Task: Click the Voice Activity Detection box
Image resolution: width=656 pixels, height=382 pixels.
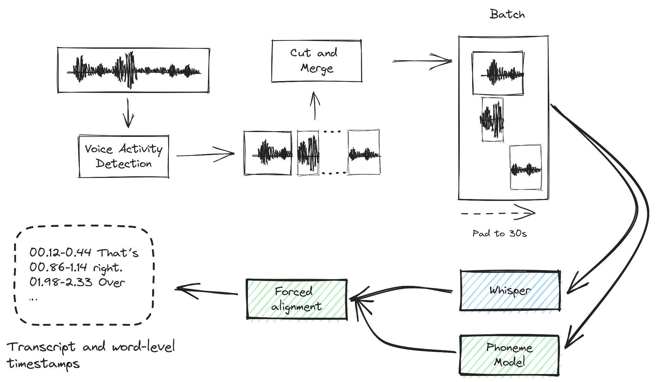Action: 124,156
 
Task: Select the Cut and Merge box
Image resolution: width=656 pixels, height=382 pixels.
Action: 316,61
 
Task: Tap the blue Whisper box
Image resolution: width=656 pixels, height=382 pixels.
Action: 510,291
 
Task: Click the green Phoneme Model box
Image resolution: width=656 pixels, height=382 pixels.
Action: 509,355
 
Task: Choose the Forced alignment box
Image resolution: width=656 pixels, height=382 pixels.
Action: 297,299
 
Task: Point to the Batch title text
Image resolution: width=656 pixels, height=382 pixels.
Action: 507,14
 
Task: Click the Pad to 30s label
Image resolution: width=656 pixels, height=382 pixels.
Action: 499,234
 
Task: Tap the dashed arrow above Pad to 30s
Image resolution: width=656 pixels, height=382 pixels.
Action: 498,213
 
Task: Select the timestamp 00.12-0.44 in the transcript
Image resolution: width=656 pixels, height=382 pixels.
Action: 60,253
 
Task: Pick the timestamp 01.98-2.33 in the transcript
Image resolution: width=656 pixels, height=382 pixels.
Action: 61,282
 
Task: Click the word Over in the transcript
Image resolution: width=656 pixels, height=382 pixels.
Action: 111,282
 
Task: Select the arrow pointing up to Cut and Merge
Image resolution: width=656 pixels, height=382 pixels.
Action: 315,106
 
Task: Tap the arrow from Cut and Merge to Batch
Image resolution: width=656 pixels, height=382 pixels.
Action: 422,61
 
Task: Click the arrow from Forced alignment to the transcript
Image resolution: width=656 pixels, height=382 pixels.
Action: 207,291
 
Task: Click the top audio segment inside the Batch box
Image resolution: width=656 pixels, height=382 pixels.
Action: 498,73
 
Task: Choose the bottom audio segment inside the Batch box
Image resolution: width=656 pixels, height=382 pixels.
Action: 526,168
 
